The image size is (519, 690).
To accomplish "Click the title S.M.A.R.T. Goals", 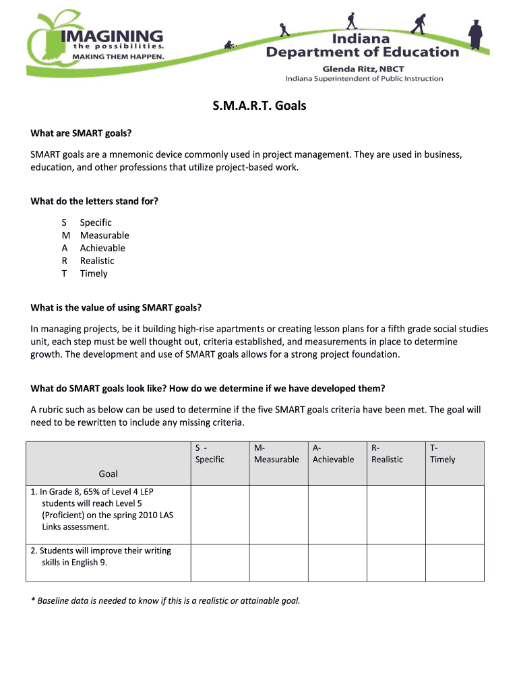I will coord(259,106).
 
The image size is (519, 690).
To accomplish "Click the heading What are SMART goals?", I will coord(81,133).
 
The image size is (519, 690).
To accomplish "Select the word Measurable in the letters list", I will coord(104,235).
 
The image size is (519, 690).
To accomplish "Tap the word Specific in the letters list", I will coord(96,222).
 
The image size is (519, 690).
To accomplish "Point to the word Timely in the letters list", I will coord(94,274).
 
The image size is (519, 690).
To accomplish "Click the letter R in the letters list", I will coord(64,261).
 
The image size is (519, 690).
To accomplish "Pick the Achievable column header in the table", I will coord(333,460).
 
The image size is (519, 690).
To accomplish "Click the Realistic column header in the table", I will coord(387,460).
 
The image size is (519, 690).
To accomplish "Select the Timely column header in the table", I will coord(442,460).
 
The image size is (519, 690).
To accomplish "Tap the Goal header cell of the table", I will coord(108,474).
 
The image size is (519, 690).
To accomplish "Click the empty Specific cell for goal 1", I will coord(220,514).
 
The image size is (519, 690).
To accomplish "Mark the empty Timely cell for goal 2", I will coord(454,563).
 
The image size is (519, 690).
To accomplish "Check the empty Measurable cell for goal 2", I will coord(279,563).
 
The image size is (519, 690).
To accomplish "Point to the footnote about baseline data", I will coord(165,600).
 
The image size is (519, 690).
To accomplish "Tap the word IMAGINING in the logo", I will coord(111,35).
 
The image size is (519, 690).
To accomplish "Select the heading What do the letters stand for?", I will coord(94,201).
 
